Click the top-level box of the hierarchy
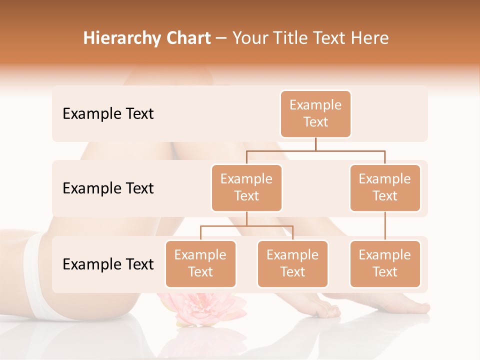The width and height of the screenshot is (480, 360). click(315, 114)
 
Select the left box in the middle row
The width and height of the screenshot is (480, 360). click(246, 188)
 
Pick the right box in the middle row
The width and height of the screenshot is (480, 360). click(385, 188)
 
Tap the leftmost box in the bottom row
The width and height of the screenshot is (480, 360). click(200, 264)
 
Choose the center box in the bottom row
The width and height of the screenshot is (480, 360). click(292, 264)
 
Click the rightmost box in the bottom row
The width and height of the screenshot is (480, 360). click(385, 264)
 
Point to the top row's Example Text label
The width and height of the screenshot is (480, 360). click(108, 114)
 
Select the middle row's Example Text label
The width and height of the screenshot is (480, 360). click(108, 188)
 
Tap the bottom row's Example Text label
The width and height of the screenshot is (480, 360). click(108, 264)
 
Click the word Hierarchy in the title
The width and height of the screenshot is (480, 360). click(122, 38)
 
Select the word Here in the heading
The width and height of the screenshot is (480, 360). click(369, 38)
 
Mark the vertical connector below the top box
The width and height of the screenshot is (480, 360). click(315, 144)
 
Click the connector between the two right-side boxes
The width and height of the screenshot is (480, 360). click(385, 226)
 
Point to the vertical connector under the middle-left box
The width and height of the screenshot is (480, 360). click(246, 218)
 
